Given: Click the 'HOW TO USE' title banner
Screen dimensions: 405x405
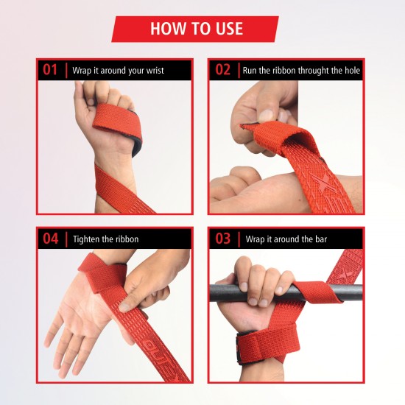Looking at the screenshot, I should coord(195,29).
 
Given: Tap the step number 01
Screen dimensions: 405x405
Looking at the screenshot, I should coord(50,71).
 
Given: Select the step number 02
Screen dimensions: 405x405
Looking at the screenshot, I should coord(223,71).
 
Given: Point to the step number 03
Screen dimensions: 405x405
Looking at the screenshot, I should coord(223,239).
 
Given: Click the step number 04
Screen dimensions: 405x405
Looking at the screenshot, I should coord(50,239).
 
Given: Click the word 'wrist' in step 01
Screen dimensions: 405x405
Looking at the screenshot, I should coord(152,71).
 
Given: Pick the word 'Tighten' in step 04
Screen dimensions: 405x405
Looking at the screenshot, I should coord(85,239).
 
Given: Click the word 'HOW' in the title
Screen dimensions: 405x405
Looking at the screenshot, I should coord(166,29).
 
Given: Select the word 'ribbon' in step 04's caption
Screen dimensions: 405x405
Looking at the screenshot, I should coord(124,239).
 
